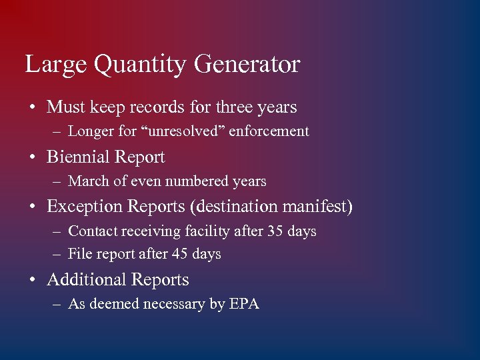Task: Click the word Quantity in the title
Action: click(x=141, y=65)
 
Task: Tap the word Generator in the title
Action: click(x=247, y=65)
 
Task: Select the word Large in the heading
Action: click(x=56, y=65)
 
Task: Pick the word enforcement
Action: click(x=269, y=131)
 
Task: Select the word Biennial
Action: click(x=79, y=157)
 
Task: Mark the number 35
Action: click(x=275, y=231)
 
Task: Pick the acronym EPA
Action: click(x=244, y=304)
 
